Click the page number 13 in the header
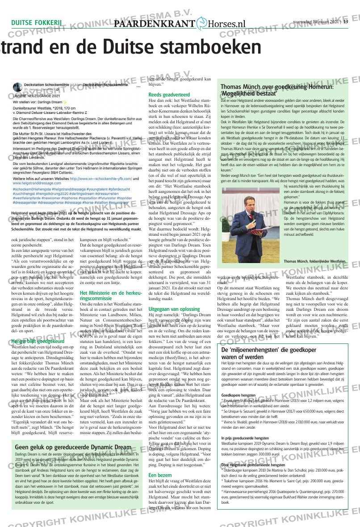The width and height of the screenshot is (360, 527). [x=345, y=21]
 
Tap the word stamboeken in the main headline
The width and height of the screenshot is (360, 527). [x=205, y=48]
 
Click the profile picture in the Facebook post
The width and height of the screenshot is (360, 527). [x=17, y=86]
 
